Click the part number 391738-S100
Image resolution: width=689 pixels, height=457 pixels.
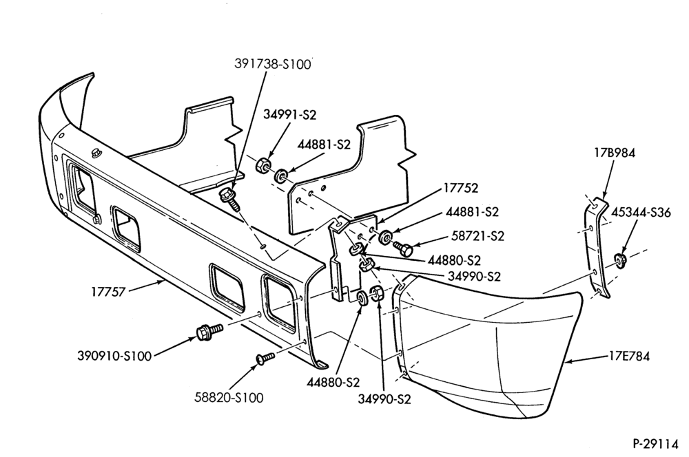(x=272, y=64)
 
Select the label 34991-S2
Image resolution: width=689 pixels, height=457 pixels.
(x=289, y=114)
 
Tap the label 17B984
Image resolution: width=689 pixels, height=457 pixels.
(x=615, y=153)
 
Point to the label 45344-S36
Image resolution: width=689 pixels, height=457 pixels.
(x=641, y=213)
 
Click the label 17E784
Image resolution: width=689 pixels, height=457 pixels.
(x=629, y=356)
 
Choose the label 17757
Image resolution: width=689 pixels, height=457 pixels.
(x=109, y=292)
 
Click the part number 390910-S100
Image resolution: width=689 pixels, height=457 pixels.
(x=114, y=356)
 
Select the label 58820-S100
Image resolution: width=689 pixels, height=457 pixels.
(x=229, y=398)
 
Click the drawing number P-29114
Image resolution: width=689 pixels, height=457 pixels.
(x=656, y=444)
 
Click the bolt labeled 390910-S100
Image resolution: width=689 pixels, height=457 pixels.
(x=209, y=331)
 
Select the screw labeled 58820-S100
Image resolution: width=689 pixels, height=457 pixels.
(x=265, y=357)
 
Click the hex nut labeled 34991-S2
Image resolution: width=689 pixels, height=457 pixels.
(x=262, y=165)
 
